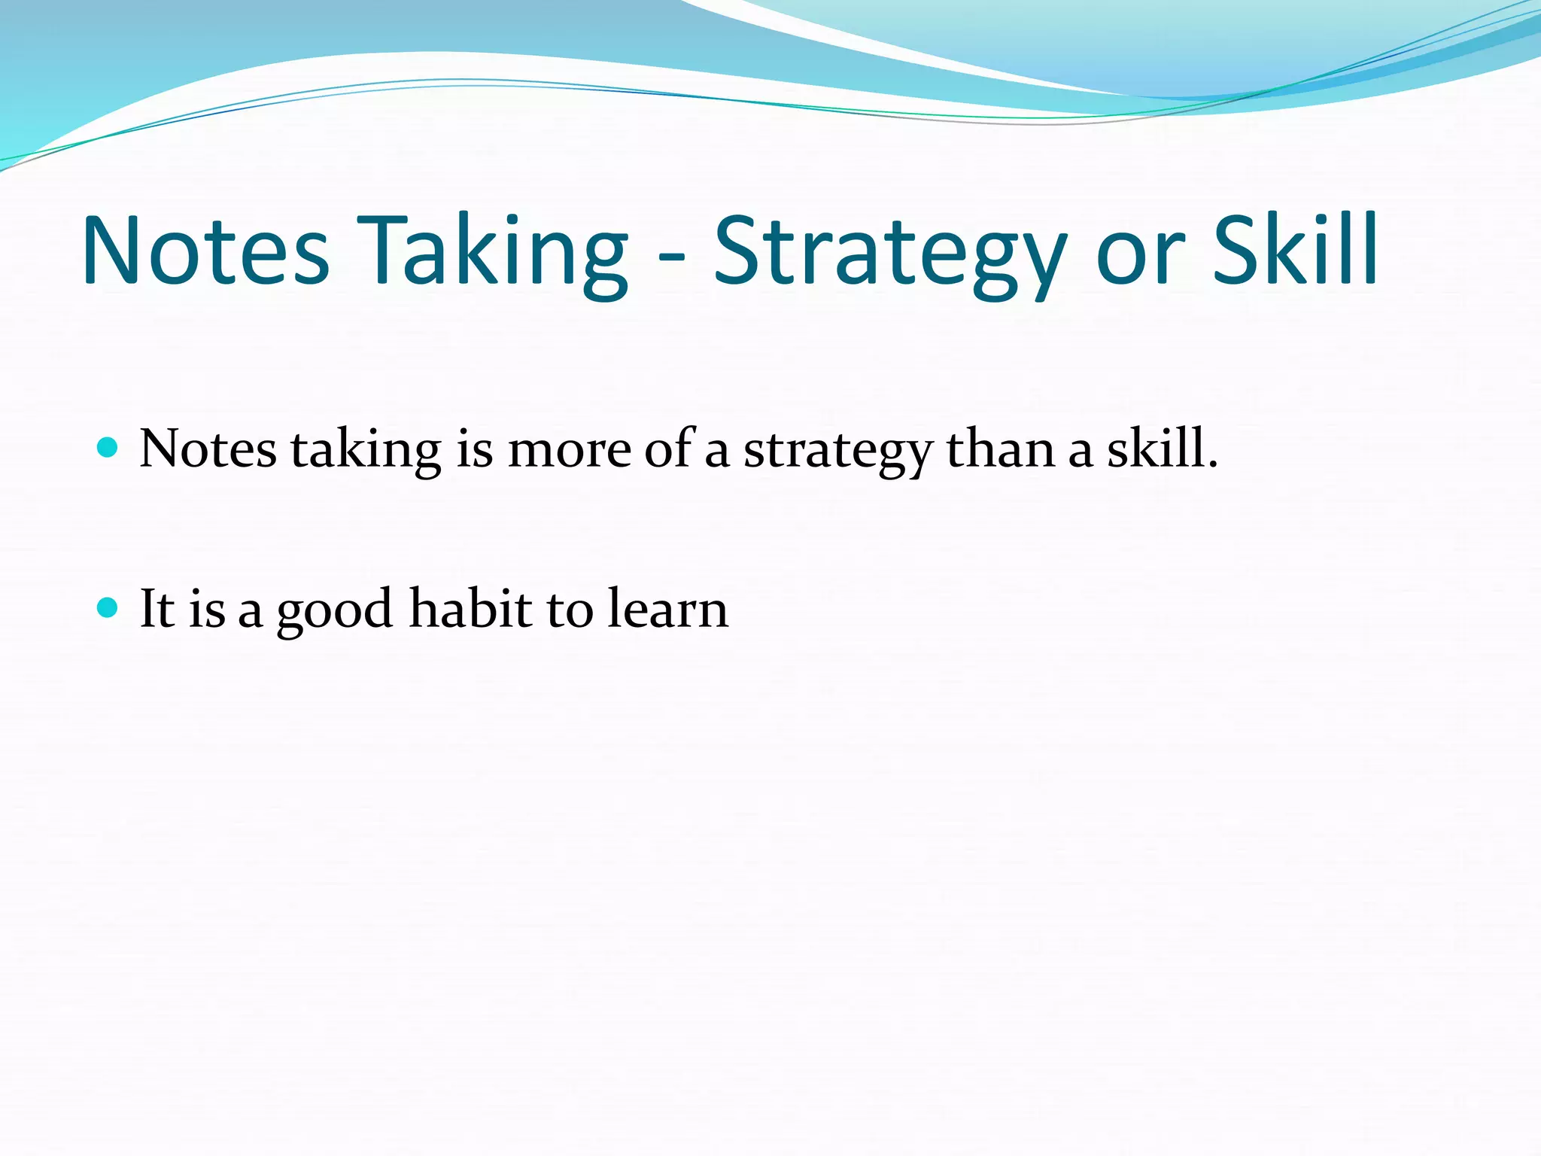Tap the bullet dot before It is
108,607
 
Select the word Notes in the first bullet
208,449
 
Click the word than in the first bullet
1000,449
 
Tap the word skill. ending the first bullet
1162,449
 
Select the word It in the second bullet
157,608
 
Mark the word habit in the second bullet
471,608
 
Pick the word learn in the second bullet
667,608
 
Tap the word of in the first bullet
668,449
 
